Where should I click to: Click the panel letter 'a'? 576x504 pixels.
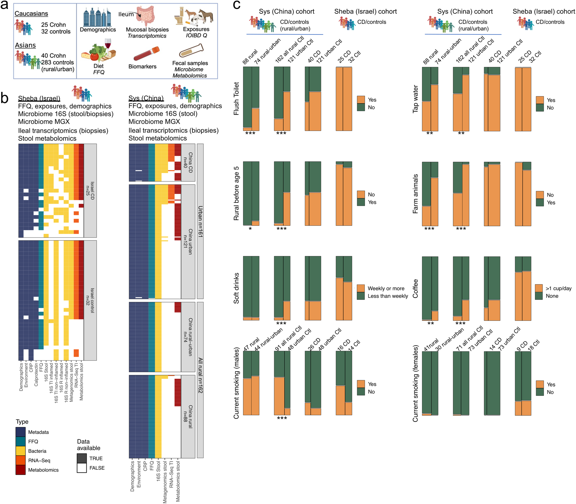4,5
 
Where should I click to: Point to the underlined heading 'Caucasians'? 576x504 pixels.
31,13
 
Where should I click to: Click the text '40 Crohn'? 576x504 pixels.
53,56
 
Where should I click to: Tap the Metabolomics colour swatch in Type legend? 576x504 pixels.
21,470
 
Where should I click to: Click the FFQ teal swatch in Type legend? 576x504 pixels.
21,442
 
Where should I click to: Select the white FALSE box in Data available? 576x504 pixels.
81,468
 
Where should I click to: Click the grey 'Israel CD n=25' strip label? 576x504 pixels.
90,190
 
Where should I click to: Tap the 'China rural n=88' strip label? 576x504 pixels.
188,417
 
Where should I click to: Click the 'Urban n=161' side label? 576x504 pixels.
200,221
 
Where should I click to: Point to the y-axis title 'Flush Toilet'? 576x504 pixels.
236,98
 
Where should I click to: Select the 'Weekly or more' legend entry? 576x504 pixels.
386,288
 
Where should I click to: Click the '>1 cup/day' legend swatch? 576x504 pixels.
539,288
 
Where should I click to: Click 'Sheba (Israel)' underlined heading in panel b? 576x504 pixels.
39,98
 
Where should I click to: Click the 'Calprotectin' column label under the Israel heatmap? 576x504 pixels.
36,374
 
